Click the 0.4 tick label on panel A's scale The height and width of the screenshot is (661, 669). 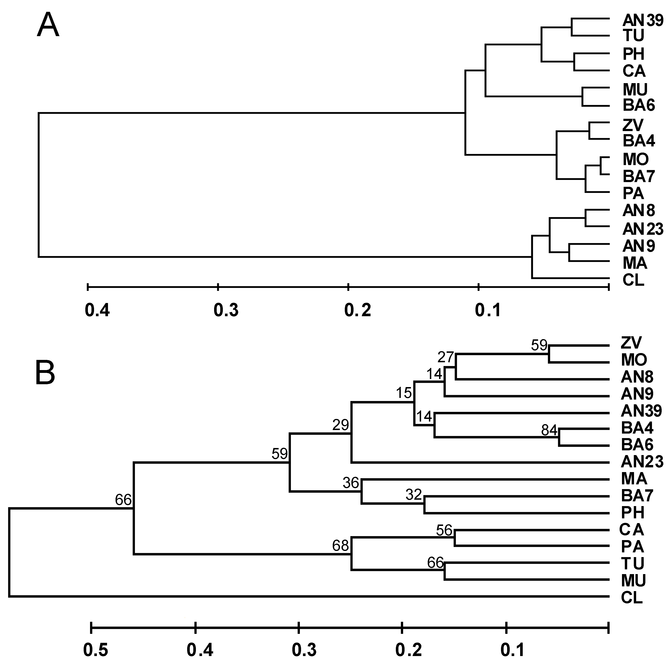pos(97,310)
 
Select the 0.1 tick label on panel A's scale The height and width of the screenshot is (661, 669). pos(488,310)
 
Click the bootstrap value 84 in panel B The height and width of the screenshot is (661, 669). pos(549,430)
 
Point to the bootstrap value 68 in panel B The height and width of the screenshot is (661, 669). pos(340,546)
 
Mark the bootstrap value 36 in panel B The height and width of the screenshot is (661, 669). pos(351,482)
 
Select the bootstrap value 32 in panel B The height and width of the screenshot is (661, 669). pos(414,495)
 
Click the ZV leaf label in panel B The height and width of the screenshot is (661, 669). pos(631,343)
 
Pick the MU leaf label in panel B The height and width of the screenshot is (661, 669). pos(633,580)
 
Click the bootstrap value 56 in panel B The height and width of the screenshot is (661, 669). pos(444,530)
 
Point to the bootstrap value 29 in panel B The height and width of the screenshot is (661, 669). pos(340,425)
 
